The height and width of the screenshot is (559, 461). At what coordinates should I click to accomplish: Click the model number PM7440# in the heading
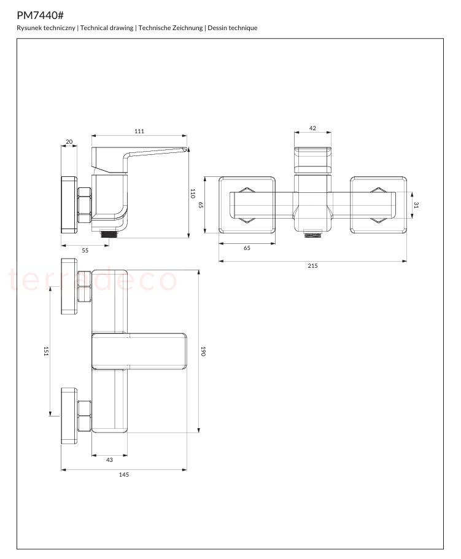pos(41,15)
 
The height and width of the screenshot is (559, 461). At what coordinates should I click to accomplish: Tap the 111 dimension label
pos(139,131)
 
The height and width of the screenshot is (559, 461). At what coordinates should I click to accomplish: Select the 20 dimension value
pos(69,141)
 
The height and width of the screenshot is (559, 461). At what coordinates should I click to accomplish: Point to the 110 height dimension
pos(193,193)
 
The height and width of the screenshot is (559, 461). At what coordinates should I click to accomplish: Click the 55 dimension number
pos(85,250)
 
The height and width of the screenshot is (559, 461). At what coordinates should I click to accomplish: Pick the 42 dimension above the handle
pos(312,128)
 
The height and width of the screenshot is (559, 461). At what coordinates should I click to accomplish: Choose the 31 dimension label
pos(416,205)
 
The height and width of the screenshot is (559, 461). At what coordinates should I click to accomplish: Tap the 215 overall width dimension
pos(312,265)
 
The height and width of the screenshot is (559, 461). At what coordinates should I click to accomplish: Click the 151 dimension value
pos(46,351)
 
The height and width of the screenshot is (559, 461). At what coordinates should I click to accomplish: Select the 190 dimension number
pos(203,351)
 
